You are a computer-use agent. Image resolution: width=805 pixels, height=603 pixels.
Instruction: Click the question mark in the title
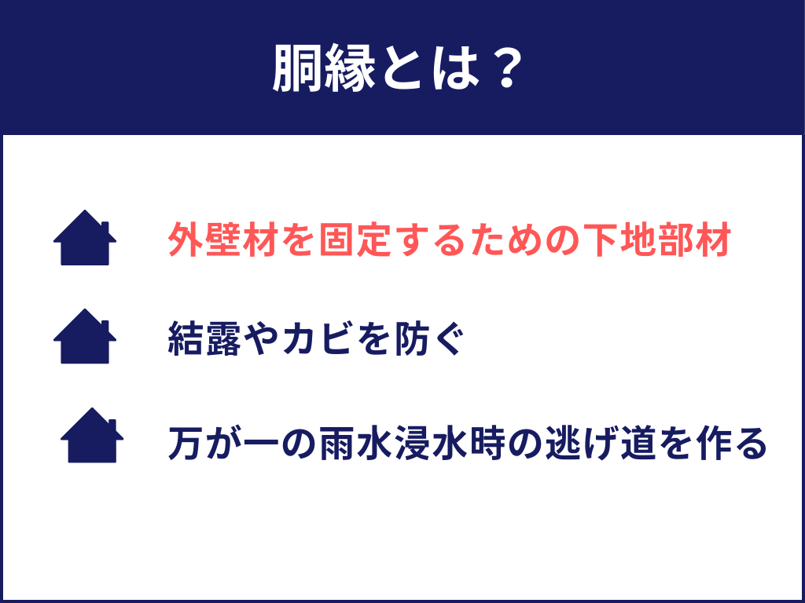(499, 68)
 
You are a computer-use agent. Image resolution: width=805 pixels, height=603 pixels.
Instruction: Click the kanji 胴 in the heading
(297, 68)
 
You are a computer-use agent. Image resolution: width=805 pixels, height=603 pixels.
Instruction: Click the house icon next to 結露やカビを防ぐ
(85, 336)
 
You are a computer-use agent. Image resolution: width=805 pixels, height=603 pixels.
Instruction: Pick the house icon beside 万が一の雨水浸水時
(92, 435)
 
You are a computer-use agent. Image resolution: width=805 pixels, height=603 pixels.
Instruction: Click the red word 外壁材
(224, 240)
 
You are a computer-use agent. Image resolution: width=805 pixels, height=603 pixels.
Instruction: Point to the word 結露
(205, 339)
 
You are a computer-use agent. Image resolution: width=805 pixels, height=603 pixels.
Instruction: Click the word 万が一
(224, 442)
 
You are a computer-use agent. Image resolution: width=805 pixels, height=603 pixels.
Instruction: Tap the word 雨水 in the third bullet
(356, 442)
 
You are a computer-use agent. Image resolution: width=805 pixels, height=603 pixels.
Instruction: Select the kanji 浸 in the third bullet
(414, 442)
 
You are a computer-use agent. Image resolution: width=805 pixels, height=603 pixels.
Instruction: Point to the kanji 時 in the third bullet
(489, 442)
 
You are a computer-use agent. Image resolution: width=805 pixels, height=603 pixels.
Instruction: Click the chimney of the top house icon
(105, 228)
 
